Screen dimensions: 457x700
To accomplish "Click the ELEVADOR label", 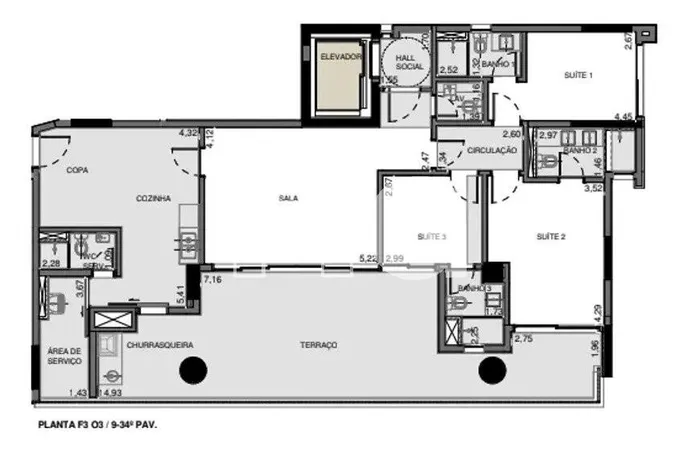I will [x=340, y=57].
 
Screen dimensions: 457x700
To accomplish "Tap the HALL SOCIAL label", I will [x=410, y=63].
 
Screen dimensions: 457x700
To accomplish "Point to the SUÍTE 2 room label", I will [x=551, y=237].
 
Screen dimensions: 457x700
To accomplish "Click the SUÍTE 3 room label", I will [x=432, y=237].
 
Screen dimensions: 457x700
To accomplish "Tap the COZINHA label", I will [x=154, y=198].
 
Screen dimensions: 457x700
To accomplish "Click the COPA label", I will [x=77, y=170].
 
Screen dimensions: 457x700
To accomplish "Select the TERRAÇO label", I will [x=318, y=345].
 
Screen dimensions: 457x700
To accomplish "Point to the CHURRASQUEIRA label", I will [x=160, y=345].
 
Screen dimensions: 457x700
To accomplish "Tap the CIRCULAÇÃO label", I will [x=491, y=150].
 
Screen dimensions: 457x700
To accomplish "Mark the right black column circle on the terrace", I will [x=490, y=371].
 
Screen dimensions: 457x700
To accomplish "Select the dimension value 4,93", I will [x=102, y=393].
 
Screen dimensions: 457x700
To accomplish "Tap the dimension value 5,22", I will [x=369, y=259].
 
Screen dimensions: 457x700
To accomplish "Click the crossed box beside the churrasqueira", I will [x=105, y=320].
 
